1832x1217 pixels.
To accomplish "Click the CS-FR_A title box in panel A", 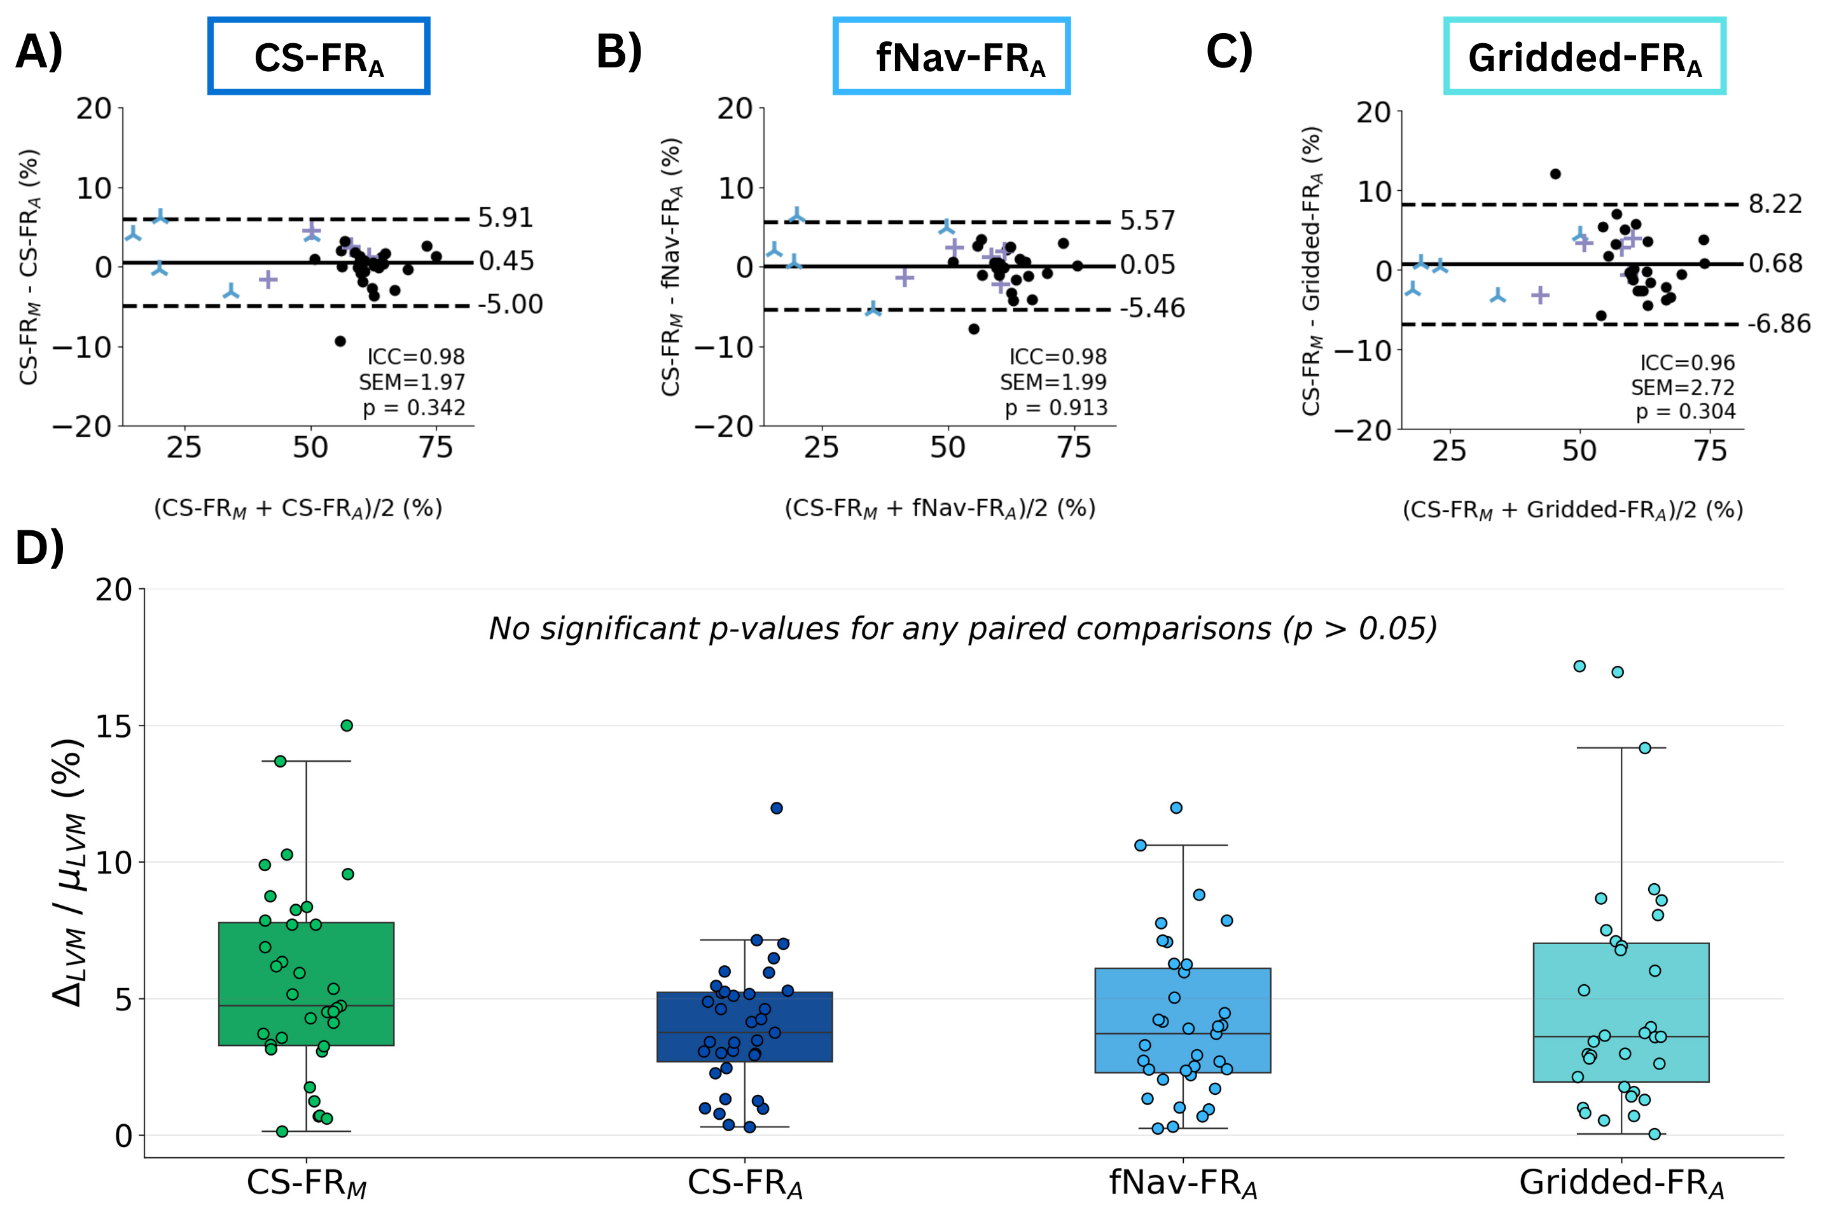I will tap(318, 57).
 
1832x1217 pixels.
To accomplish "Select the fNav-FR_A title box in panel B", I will tap(951, 57).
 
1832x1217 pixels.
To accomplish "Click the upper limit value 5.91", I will tap(505, 218).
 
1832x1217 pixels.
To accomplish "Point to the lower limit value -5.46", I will tap(1152, 309).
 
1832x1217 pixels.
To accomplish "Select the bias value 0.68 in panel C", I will tap(1775, 264).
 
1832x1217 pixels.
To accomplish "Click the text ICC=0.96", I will tap(1687, 362).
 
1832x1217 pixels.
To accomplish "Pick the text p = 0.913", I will tap(1056, 408).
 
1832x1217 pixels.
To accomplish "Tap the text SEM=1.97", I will tap(412, 382).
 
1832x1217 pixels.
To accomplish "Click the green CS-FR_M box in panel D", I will tap(306, 984).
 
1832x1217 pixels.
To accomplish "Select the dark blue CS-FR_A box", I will tap(744, 1026).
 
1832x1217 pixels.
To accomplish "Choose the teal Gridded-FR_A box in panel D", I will tap(1621, 1012).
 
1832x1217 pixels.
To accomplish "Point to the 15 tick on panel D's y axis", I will tap(114, 727).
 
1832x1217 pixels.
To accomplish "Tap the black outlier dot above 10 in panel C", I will tap(1555, 174).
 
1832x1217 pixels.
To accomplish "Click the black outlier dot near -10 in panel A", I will tap(340, 341).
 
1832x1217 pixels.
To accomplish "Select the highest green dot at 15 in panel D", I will tap(347, 725).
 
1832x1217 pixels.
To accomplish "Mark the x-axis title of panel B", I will tap(940, 509).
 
